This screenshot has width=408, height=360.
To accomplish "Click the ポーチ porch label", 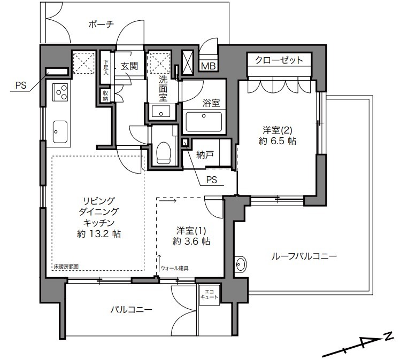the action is coord(101,25).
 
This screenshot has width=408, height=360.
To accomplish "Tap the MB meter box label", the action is coord(209,66).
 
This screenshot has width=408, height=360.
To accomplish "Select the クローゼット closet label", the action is coord(279,60).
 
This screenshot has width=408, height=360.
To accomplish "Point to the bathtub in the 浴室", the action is coord(204,122).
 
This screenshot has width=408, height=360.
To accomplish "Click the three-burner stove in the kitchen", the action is coord(60,92).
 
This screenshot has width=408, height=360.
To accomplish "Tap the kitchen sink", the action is coord(60,132).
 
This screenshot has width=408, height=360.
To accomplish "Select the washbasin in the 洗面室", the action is coord(161,112).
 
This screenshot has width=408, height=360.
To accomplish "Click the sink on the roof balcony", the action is coord(241,264).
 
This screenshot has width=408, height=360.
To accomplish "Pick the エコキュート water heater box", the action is coord(209,295).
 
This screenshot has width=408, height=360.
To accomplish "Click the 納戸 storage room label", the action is coord(205,155).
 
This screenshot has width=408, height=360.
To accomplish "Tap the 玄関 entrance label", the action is coord(129,66).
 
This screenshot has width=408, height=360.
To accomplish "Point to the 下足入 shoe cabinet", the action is coord(106,68).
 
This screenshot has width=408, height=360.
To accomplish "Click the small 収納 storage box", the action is coord(105,96).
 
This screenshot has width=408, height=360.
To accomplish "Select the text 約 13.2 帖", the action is coord(99,234).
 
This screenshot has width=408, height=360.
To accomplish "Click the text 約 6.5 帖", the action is coord(278,141).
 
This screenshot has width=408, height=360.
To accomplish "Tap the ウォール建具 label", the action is coord(175,268).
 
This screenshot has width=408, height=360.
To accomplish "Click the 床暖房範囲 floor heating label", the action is coord(66,267).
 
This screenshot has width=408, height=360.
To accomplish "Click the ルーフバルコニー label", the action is coord(304,256).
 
